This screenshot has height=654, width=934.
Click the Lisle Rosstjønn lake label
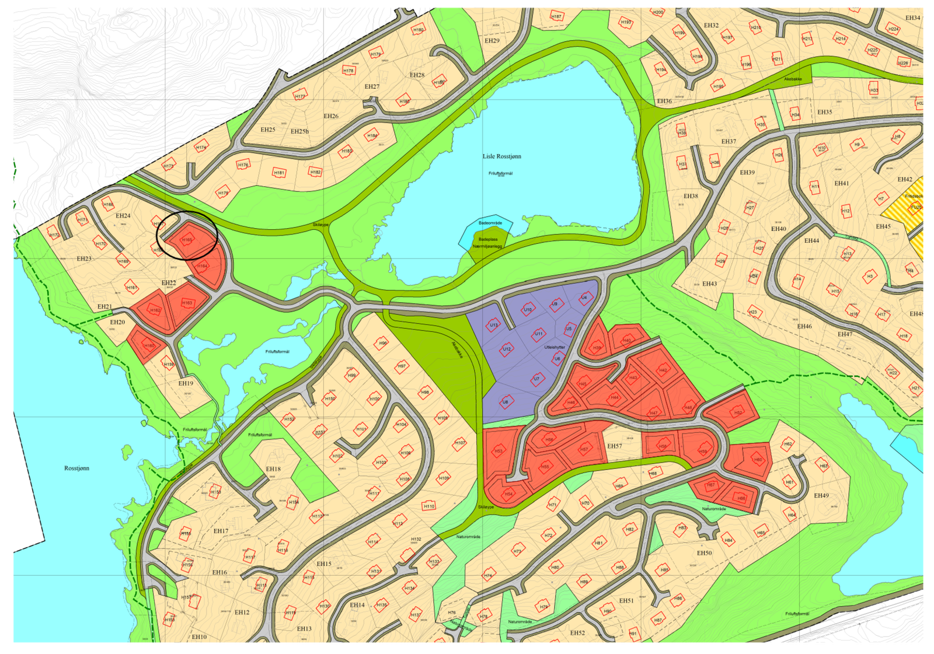pyautogui.click(x=501, y=156)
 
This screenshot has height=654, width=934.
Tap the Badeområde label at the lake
pyautogui.click(x=490, y=223)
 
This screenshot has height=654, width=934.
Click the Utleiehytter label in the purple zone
pyautogui.click(x=554, y=347)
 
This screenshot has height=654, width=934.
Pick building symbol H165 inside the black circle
pyautogui.click(x=187, y=240)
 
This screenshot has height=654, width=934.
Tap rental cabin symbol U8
pyautogui.click(x=506, y=402)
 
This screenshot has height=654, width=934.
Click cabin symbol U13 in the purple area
pyautogui.click(x=494, y=325)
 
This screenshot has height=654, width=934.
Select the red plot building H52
pyautogui.click(x=738, y=412)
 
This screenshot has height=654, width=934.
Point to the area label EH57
pyautogui.click(x=614, y=446)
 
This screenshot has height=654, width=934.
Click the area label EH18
pyautogui.click(x=273, y=469)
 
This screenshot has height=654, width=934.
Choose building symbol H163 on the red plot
pyautogui.click(x=187, y=303)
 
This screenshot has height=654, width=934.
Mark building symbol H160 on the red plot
pyautogui.click(x=149, y=346)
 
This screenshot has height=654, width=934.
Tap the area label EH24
pyautogui.click(x=123, y=216)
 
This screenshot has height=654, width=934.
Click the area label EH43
pyautogui.click(x=709, y=284)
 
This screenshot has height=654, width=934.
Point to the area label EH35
pyautogui.click(x=824, y=112)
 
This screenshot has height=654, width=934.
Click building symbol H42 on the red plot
pyautogui.click(x=663, y=370)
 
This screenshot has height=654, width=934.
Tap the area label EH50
pyautogui.click(x=704, y=553)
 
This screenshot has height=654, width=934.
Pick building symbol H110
pyautogui.click(x=429, y=506)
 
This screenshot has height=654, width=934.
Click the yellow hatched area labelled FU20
pyautogui.click(x=916, y=207)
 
